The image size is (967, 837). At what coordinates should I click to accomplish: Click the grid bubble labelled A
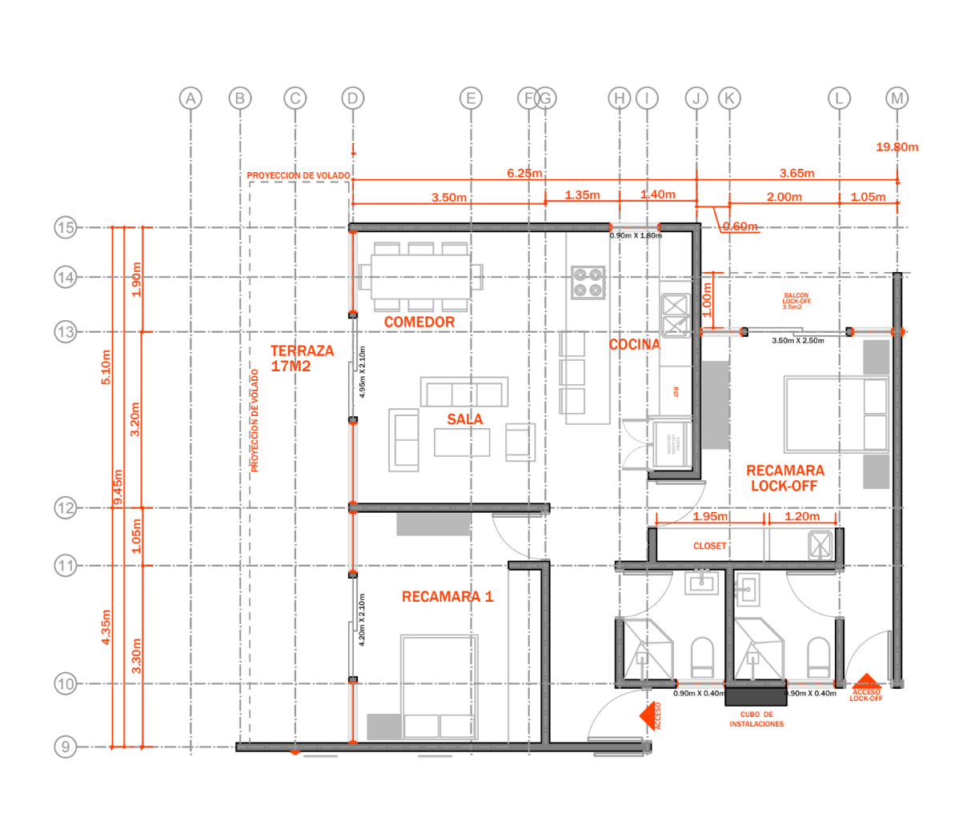coord(191,98)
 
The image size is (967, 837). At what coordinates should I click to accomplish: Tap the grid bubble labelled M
coord(897,98)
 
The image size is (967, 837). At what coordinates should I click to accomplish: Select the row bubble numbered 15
coord(66,227)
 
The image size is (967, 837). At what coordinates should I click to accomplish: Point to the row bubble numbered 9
coord(66,747)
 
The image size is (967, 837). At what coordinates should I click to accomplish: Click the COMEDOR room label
coord(419,322)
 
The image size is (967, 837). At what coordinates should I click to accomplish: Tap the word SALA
coord(465,419)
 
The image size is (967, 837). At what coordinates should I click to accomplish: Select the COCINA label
coord(634,344)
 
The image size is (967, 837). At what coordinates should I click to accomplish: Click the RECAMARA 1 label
coord(447,596)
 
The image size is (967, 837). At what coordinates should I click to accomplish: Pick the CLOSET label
coord(710,546)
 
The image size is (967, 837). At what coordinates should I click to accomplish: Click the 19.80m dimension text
coord(897,147)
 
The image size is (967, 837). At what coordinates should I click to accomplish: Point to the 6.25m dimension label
coord(524,173)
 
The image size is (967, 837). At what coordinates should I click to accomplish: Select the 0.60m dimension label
coord(740,226)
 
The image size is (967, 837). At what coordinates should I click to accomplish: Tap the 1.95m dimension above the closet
coord(710,517)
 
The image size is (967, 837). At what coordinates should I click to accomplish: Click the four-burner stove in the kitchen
coord(588,282)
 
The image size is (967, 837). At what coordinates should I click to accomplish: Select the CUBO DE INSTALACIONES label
coord(756,719)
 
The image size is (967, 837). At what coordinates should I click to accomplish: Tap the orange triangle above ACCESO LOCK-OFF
coord(865,682)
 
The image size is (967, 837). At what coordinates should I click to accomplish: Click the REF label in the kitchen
coord(676,391)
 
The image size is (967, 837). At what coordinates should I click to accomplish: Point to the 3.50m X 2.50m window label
coord(797,341)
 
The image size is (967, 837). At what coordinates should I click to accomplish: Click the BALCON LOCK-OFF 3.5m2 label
coord(796,301)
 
